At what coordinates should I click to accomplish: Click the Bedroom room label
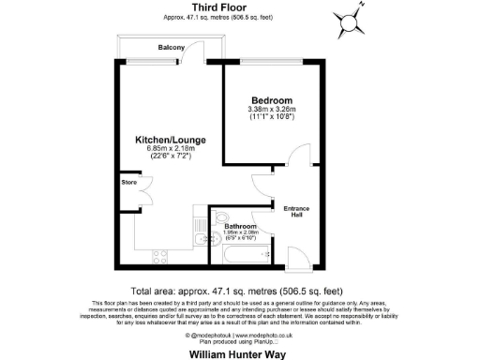coord(272,99)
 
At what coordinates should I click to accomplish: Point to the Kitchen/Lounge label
coord(170,140)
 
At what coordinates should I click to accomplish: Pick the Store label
coord(127,183)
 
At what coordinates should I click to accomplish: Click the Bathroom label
coord(241,226)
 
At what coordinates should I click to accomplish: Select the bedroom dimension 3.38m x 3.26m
coord(272,110)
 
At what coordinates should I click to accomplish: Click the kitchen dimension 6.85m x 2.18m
coord(170,150)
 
